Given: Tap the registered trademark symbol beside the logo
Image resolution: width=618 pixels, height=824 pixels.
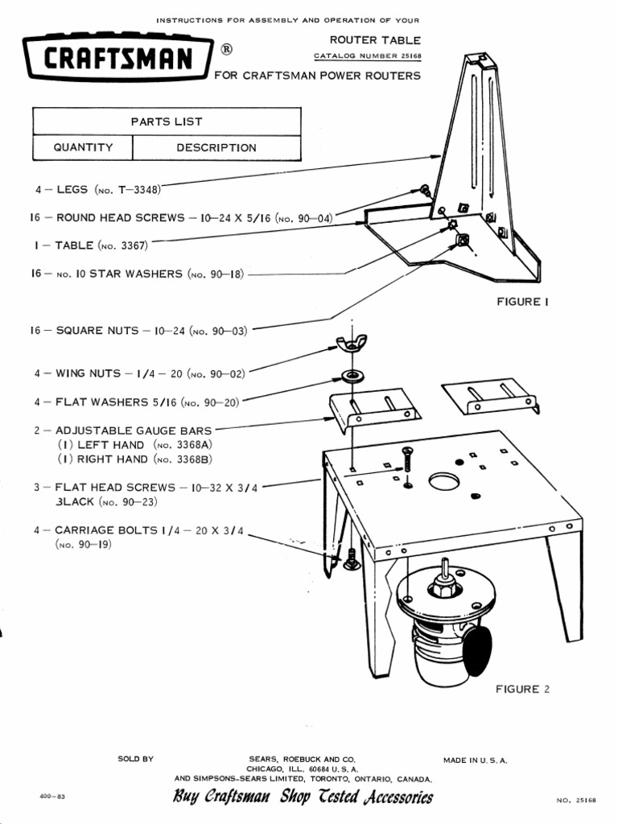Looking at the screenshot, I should pos(227,50).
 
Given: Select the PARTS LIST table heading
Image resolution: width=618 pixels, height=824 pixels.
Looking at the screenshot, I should pos(167,122).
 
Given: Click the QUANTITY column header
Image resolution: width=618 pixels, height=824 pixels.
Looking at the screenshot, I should pos(83,147).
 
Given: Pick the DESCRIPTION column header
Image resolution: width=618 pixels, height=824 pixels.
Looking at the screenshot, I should pos(216,147).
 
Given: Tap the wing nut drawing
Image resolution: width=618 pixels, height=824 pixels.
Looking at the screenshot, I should pos(351,344).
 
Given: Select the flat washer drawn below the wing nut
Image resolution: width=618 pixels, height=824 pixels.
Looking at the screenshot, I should pos(352,375).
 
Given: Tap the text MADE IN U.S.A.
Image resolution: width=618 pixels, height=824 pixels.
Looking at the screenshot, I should pos(475,760).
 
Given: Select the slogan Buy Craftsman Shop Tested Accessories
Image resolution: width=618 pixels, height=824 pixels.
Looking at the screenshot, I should pos(303,797).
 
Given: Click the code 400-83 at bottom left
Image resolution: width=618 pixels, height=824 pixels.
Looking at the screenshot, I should pos(51,796).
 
